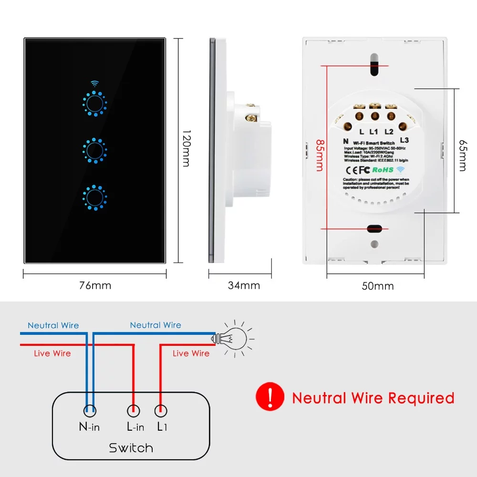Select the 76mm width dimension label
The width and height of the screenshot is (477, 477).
tap(95, 286)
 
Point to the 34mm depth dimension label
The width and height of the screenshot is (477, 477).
tap(244, 286)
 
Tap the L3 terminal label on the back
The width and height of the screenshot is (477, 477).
tap(404, 140)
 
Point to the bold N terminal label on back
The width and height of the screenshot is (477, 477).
tap(345, 141)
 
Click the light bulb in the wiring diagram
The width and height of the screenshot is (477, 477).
tap(231, 338)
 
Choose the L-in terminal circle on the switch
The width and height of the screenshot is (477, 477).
tap(133, 410)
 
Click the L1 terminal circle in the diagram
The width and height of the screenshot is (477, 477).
tap(161, 410)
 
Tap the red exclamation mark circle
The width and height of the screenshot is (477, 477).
tap(270, 397)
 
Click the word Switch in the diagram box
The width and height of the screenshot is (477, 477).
tap(131, 448)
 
